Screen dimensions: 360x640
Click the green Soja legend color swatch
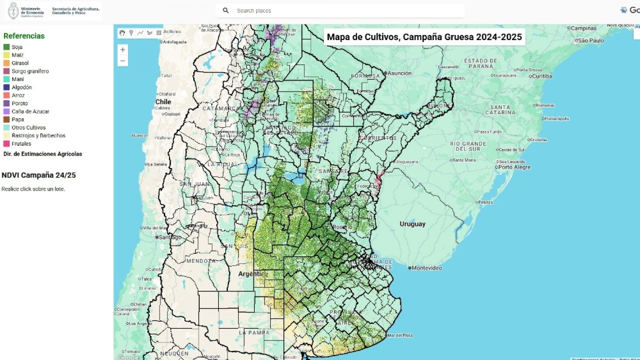point(6,47)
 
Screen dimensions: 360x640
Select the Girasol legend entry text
point(20,63)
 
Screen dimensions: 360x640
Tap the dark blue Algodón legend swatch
point(6,87)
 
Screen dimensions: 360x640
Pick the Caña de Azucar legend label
point(30,111)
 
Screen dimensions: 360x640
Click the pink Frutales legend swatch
point(6,144)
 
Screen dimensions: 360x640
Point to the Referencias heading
point(24,36)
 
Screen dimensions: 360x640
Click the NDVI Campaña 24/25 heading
point(39,175)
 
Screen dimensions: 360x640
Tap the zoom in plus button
point(122,50)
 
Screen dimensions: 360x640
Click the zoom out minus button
point(122,61)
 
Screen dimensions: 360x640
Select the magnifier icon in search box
point(226,11)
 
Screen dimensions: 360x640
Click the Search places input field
point(341,11)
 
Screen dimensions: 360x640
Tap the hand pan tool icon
point(122,33)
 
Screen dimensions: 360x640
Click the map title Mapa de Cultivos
point(424,37)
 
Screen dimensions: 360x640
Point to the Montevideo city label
point(427,268)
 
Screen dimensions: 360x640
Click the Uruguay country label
point(412,224)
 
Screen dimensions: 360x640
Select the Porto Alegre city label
point(514,167)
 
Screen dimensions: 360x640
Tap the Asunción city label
point(399,73)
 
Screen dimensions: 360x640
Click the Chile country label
point(163,102)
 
